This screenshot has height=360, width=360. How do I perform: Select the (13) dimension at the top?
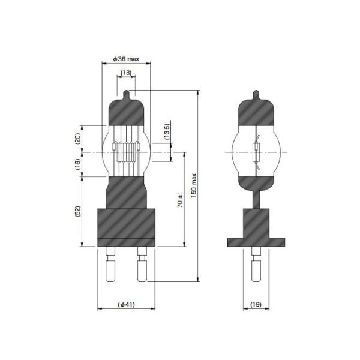(127, 73)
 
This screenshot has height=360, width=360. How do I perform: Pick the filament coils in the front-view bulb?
(127, 151)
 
